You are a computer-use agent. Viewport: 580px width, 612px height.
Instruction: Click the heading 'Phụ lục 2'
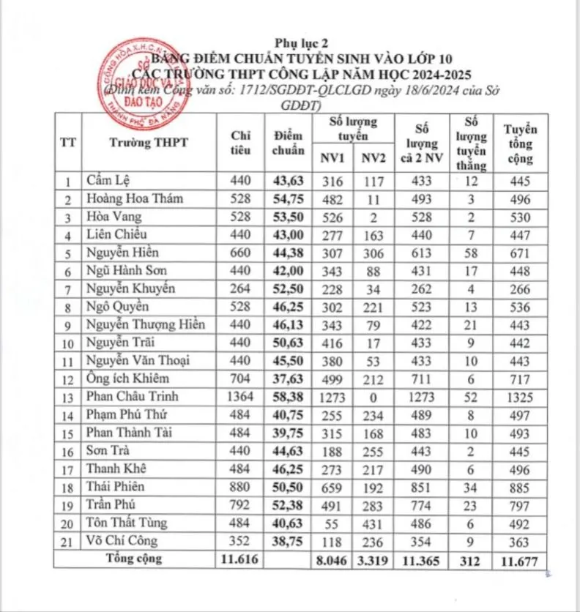coord(296,42)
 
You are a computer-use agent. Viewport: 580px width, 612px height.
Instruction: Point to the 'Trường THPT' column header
coord(149,143)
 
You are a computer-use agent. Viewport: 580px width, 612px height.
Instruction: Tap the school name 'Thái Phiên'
coord(116,486)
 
